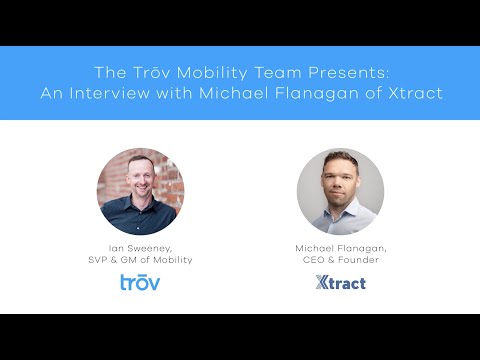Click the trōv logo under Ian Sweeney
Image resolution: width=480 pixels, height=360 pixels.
coord(140,282)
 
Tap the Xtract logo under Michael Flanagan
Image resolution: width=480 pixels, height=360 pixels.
coord(340,282)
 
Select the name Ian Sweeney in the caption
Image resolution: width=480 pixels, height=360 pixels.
coord(140,246)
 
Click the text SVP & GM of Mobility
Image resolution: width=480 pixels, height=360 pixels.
coord(140,259)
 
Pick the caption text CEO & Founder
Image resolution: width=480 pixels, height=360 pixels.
coord(340,259)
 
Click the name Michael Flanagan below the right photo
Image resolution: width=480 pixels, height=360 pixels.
coord(340,246)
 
